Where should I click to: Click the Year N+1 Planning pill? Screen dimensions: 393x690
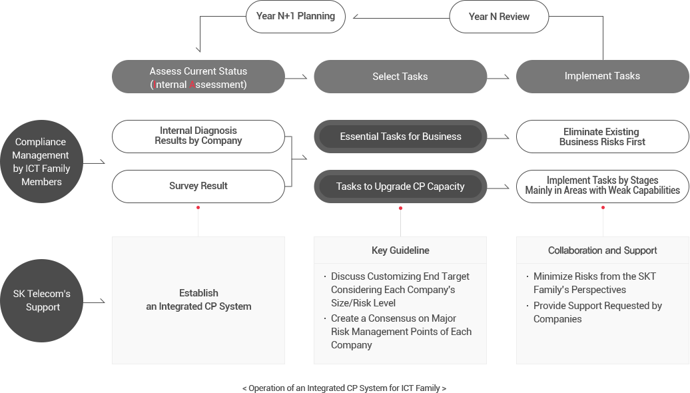pyautogui.click(x=295, y=16)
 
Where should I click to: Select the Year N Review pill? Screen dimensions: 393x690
pyautogui.click(x=499, y=17)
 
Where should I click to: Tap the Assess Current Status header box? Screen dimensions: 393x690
pyautogui.click(x=198, y=77)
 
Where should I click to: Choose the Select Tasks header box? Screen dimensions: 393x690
pyautogui.click(x=400, y=77)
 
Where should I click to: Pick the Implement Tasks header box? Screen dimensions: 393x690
pyautogui.click(x=602, y=76)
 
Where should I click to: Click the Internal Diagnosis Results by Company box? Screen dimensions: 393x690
pyautogui.click(x=198, y=136)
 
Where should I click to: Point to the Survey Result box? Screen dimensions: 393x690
pyautogui.click(x=198, y=187)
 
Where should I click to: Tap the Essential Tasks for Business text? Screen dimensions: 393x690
pyautogui.click(x=400, y=137)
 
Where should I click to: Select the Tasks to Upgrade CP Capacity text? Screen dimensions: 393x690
pyautogui.click(x=400, y=187)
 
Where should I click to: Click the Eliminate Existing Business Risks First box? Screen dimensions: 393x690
pyautogui.click(x=602, y=137)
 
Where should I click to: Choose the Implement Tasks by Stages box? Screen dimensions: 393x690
pyautogui.click(x=602, y=186)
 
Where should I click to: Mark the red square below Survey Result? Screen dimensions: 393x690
pyautogui.click(x=198, y=208)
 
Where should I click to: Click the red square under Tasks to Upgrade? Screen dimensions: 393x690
pyautogui.click(x=400, y=208)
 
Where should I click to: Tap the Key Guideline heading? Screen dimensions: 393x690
pyautogui.click(x=400, y=250)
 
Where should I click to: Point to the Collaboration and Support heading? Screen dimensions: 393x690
pyautogui.click(x=602, y=250)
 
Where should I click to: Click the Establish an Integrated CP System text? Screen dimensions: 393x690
pyautogui.click(x=198, y=300)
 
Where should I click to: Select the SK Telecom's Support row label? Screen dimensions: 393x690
pyautogui.click(x=43, y=300)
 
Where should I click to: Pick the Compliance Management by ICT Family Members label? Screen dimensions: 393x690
pyautogui.click(x=41, y=162)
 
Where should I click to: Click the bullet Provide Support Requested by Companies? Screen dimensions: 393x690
pyautogui.click(x=597, y=312)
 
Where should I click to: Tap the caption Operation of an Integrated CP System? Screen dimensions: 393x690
pyautogui.click(x=344, y=388)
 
